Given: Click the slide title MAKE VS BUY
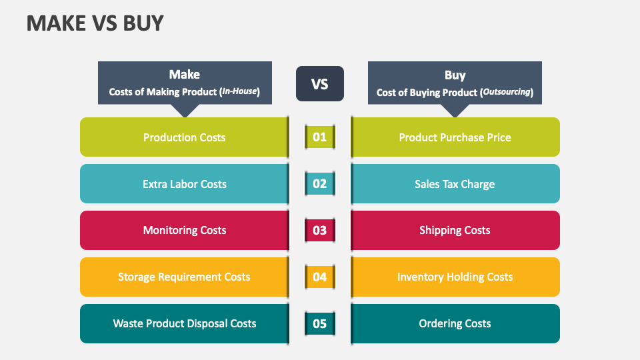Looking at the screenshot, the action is tap(95, 23).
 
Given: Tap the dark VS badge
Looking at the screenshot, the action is tap(320, 84).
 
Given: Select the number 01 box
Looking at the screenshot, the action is tap(320, 137).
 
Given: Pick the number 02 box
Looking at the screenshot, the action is tap(320, 184).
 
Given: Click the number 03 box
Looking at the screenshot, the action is tap(320, 230).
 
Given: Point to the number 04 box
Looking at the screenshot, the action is tap(320, 277).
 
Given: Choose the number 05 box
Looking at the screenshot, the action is tap(320, 324).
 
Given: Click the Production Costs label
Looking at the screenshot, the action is tap(185, 137).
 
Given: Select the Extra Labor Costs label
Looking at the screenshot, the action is tap(185, 184).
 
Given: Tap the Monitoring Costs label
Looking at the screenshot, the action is tap(185, 230).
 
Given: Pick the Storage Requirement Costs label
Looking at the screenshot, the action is tap(184, 277).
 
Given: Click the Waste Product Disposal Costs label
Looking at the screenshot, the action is tap(185, 324).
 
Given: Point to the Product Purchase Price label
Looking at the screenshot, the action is tap(455, 137).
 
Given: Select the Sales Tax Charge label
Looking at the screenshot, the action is tap(455, 185).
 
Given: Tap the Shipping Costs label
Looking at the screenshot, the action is tap(455, 231).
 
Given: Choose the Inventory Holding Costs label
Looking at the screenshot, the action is tap(455, 277).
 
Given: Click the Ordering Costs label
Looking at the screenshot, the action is tap(455, 324).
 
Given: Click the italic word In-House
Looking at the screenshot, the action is tap(239, 91).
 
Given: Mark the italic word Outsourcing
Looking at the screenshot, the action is tap(507, 92).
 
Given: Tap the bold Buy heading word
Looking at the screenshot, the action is tap(455, 75).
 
